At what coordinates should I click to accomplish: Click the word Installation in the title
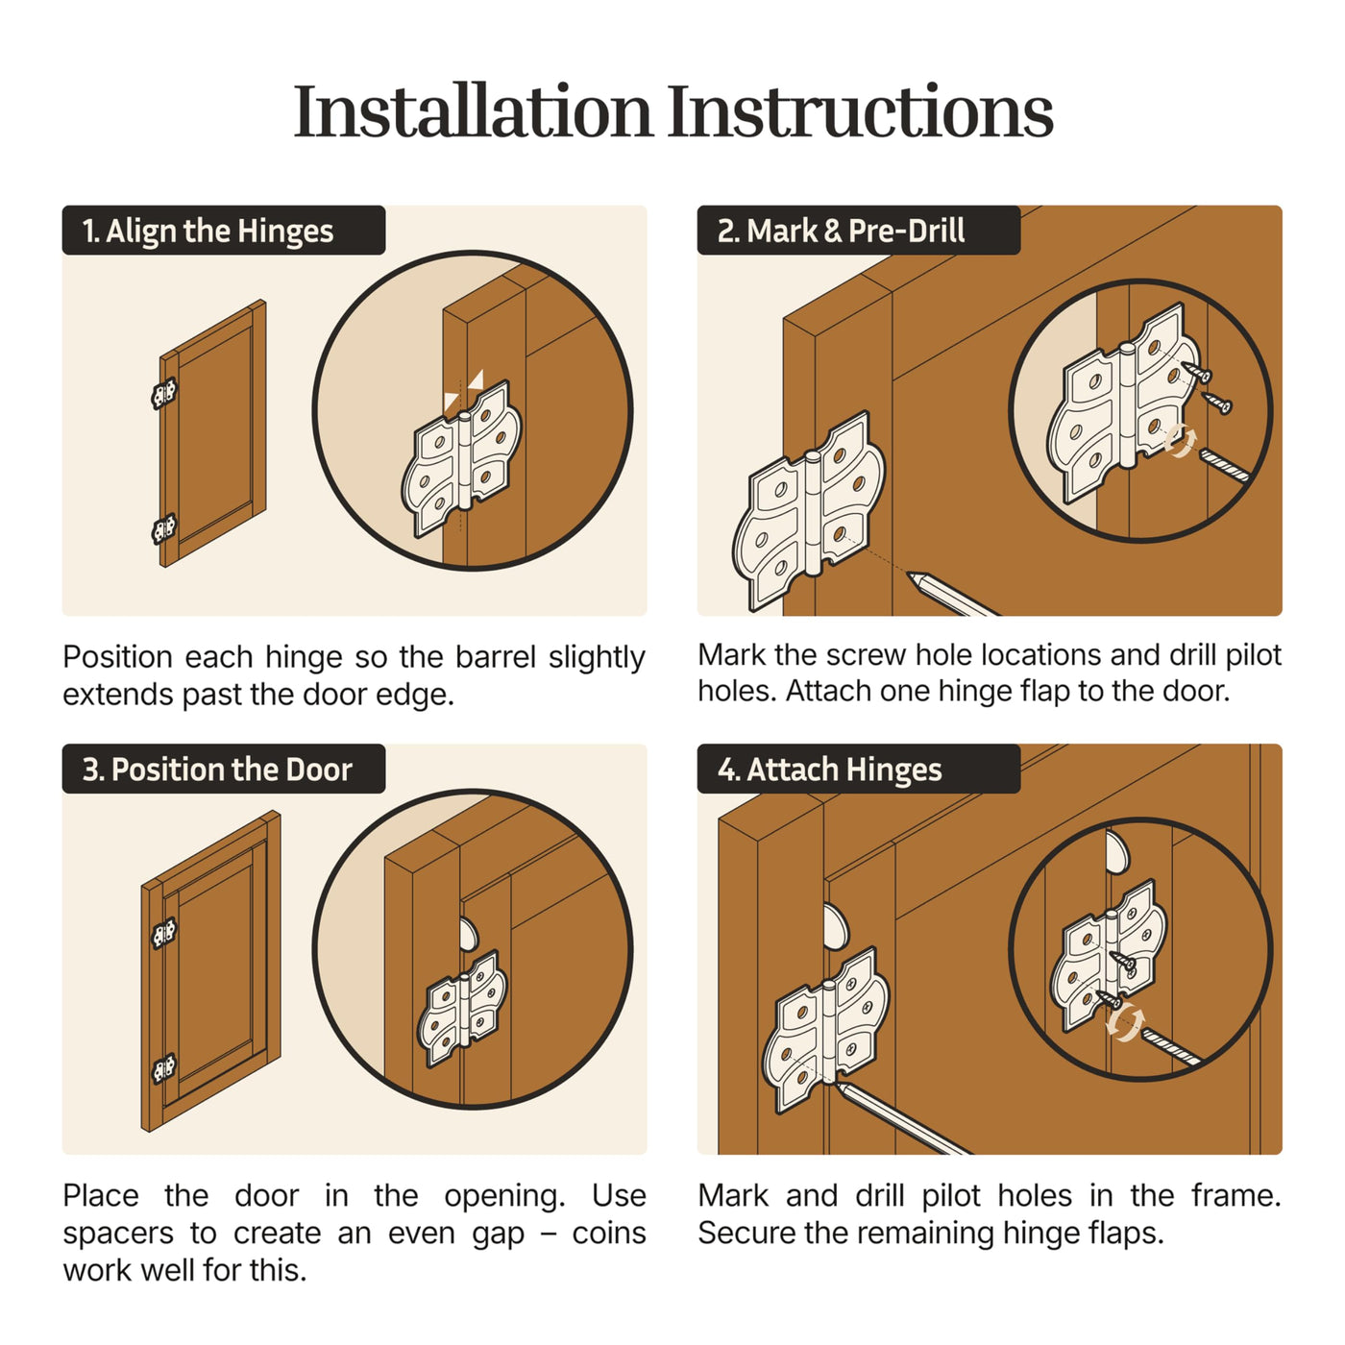pyautogui.click(x=473, y=111)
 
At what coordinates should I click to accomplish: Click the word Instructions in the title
pyautogui.click(x=860, y=111)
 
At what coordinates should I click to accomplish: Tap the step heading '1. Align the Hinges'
pyautogui.click(x=208, y=231)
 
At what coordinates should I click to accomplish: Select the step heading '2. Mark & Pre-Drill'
pyautogui.click(x=841, y=231)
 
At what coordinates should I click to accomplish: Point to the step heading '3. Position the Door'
pyautogui.click(x=217, y=770)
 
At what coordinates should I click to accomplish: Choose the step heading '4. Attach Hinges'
pyautogui.click(x=830, y=770)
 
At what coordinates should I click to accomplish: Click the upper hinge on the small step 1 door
pyautogui.click(x=164, y=393)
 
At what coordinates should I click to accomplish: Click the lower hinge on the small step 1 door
pyautogui.click(x=164, y=528)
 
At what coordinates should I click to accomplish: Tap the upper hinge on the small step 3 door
pyautogui.click(x=164, y=934)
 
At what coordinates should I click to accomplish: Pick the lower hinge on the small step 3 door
pyautogui.click(x=164, y=1069)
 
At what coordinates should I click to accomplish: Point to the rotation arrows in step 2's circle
pyautogui.click(x=1180, y=441)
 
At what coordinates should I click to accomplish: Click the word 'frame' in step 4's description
pyautogui.click(x=1236, y=1196)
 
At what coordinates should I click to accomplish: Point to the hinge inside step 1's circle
pyautogui.click(x=461, y=458)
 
